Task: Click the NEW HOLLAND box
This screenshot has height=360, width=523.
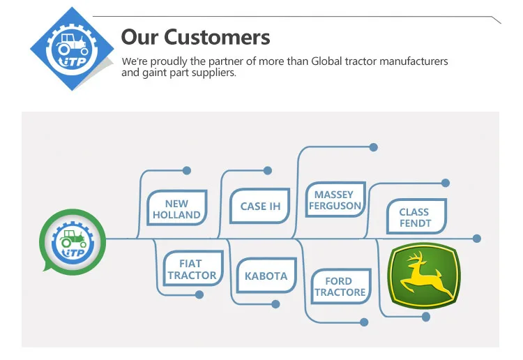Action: (x=176, y=209)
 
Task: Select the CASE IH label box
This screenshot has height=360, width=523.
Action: (x=259, y=206)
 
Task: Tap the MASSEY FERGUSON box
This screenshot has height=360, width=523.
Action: (x=335, y=200)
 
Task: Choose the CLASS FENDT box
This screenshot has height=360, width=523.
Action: (x=415, y=217)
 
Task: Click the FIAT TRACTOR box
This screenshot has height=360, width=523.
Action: (x=191, y=269)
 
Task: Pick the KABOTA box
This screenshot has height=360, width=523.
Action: (x=266, y=276)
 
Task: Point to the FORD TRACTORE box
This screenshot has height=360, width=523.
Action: (x=340, y=286)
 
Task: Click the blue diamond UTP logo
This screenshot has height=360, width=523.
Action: (x=73, y=48)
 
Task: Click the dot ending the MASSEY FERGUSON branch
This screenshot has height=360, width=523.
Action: (x=373, y=147)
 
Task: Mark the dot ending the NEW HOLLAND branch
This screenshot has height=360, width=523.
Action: (x=186, y=170)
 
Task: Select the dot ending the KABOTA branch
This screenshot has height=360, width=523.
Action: (x=275, y=304)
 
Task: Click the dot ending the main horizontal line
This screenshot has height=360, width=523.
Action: (x=477, y=239)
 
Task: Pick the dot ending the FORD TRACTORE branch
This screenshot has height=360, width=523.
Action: (x=363, y=322)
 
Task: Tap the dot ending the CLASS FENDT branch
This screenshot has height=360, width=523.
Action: (x=446, y=183)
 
